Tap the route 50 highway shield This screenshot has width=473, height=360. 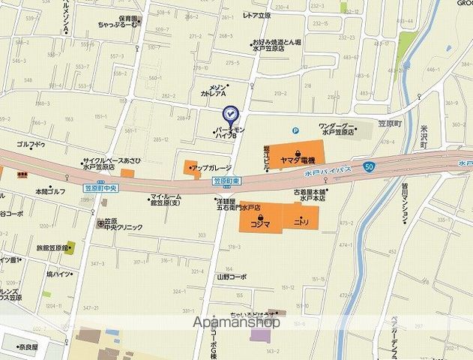coord(369,165)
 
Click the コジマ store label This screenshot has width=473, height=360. coord(260,223)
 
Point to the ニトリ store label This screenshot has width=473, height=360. coord(302,223)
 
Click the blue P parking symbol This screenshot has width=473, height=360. coord(296,129)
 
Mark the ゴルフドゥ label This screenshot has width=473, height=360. coord(31,144)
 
